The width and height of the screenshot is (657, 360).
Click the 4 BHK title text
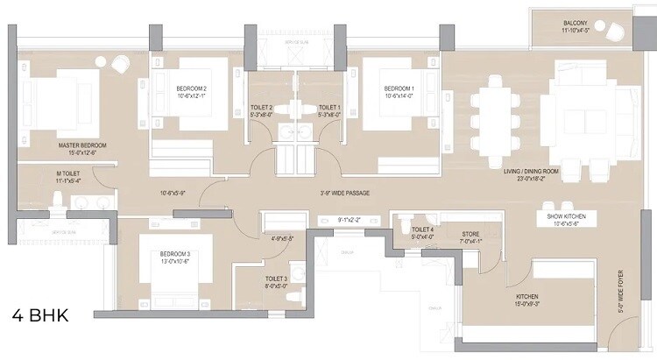click(x=42, y=314)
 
